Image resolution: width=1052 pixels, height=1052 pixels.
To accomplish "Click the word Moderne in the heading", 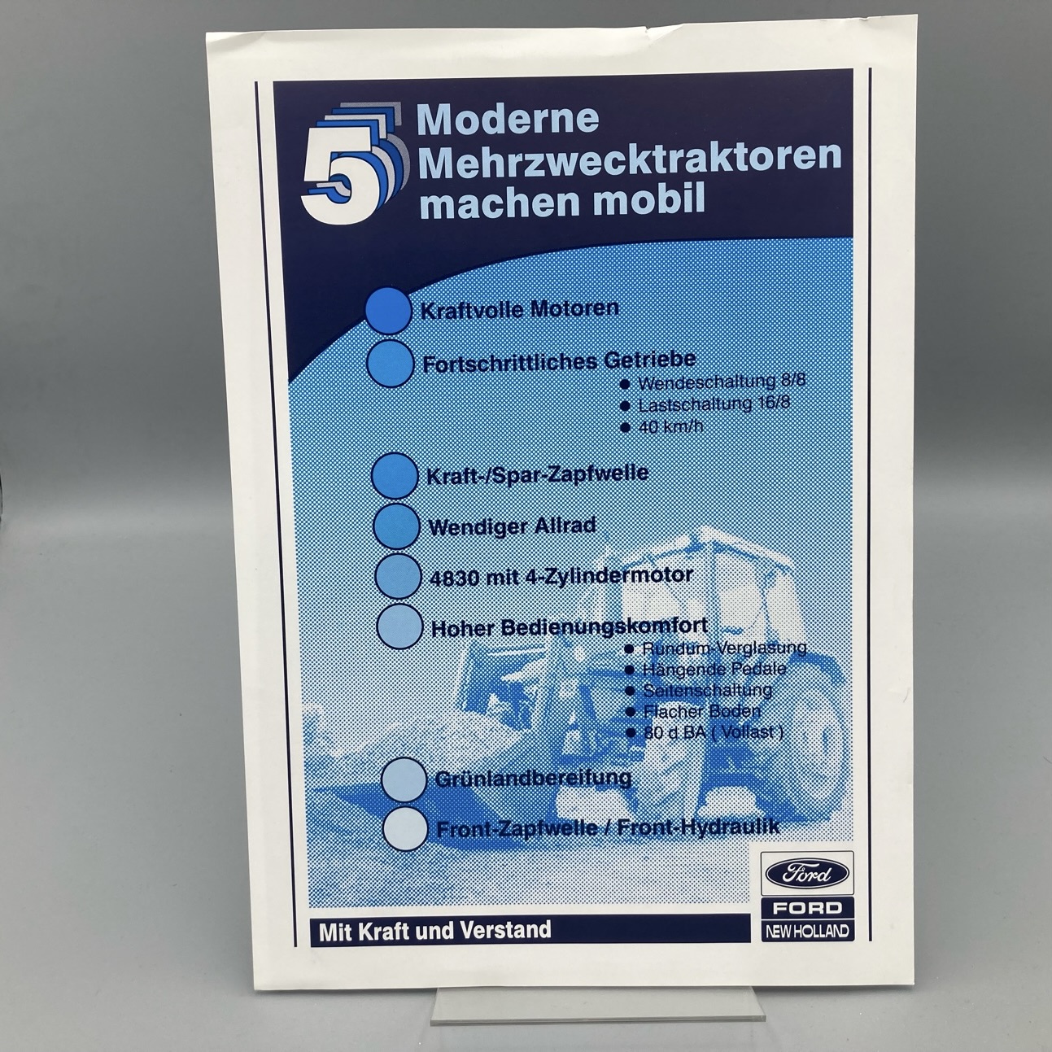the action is (x=508, y=119).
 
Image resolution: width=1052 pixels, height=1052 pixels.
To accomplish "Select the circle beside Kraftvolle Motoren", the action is (x=388, y=310).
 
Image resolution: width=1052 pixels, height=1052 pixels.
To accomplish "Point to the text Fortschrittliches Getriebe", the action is (x=559, y=362).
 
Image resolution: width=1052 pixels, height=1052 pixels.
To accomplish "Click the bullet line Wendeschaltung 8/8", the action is (x=713, y=382).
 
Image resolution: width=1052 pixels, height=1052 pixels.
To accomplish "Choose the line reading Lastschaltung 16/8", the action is (x=706, y=404).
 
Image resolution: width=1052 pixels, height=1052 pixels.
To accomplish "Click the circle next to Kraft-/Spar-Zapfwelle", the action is (x=394, y=475).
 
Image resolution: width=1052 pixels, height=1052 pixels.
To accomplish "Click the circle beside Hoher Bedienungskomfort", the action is (x=400, y=626).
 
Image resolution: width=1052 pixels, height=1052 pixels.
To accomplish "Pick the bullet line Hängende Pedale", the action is (x=706, y=669).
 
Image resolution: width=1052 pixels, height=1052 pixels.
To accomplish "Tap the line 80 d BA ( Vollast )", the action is (x=705, y=732).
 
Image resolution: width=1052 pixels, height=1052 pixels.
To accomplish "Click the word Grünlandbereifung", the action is (x=533, y=777).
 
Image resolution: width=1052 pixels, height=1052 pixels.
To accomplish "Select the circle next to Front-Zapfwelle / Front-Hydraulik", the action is (x=404, y=828).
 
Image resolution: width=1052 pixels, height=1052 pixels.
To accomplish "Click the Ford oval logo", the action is (x=807, y=874).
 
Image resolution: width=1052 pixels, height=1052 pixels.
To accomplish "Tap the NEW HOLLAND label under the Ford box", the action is (x=807, y=931).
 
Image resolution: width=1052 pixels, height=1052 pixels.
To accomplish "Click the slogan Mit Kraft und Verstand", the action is (x=435, y=930).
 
